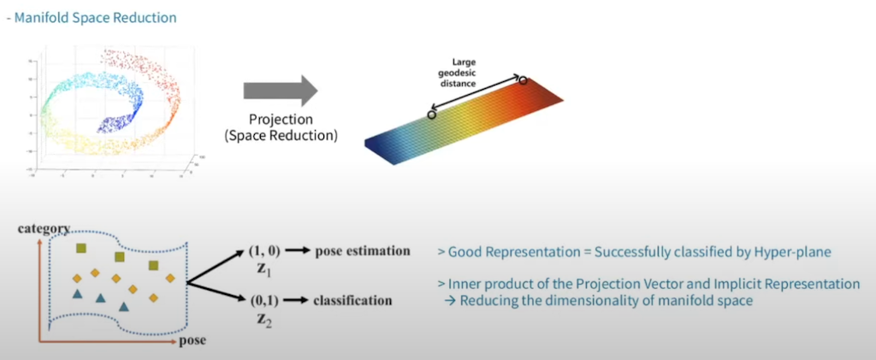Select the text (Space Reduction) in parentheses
(281, 134)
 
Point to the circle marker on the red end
(524, 80)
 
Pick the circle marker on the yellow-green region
(431, 114)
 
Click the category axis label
(44, 229)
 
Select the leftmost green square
(81, 248)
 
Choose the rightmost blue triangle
(124, 305)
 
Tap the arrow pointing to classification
(296, 300)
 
